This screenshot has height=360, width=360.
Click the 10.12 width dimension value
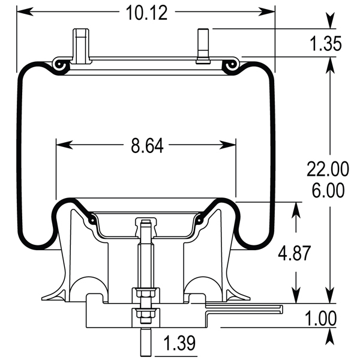(x=146, y=12)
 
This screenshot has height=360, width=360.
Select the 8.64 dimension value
(x=146, y=145)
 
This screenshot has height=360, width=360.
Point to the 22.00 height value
(x=328, y=170)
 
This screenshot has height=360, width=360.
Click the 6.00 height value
(x=328, y=191)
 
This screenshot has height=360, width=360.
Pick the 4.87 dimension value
(x=295, y=253)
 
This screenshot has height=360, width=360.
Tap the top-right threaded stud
(x=201, y=46)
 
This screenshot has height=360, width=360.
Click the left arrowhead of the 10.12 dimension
(x=22, y=11)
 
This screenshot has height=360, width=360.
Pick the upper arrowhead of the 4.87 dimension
(x=295, y=208)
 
